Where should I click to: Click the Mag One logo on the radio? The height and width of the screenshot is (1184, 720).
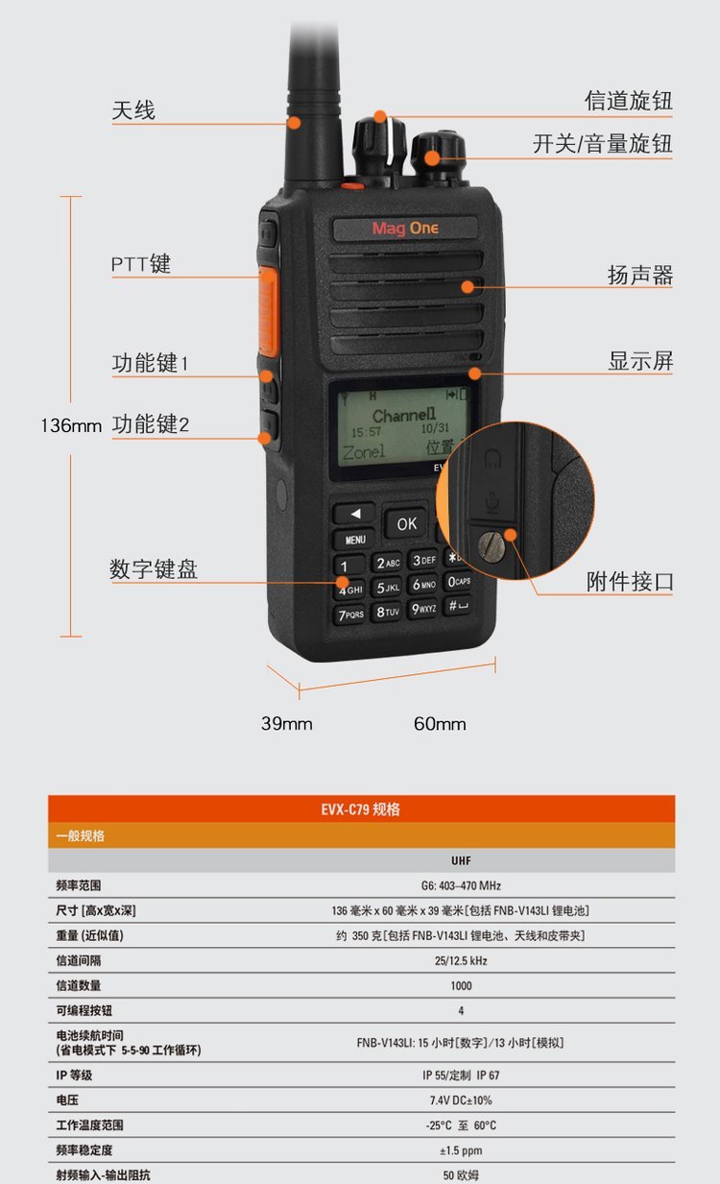(405, 229)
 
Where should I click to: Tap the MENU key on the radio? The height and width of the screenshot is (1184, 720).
(355, 540)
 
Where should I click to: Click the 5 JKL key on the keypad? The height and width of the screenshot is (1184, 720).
(388, 588)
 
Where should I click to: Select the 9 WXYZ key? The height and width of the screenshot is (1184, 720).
(423, 609)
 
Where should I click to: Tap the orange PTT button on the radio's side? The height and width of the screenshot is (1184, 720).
(269, 311)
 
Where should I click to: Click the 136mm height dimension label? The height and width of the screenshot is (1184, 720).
(71, 425)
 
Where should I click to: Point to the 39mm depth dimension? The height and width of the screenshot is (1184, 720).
(286, 724)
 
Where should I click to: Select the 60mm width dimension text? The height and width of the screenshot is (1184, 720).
(440, 724)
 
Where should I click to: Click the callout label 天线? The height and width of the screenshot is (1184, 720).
(133, 110)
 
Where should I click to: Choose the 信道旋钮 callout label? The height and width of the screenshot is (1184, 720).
(628, 101)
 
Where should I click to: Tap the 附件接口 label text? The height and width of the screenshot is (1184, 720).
(630, 581)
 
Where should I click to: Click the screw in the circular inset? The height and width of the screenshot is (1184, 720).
(492, 546)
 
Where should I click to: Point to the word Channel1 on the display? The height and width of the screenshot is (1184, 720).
(404, 415)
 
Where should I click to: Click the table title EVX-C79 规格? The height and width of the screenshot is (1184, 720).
(360, 809)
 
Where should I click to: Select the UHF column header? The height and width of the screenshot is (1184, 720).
(461, 860)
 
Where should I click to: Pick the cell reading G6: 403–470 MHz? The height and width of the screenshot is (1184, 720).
(461, 885)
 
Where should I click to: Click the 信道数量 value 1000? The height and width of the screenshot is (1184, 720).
(461, 986)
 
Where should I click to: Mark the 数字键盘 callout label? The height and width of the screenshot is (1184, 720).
(154, 569)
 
